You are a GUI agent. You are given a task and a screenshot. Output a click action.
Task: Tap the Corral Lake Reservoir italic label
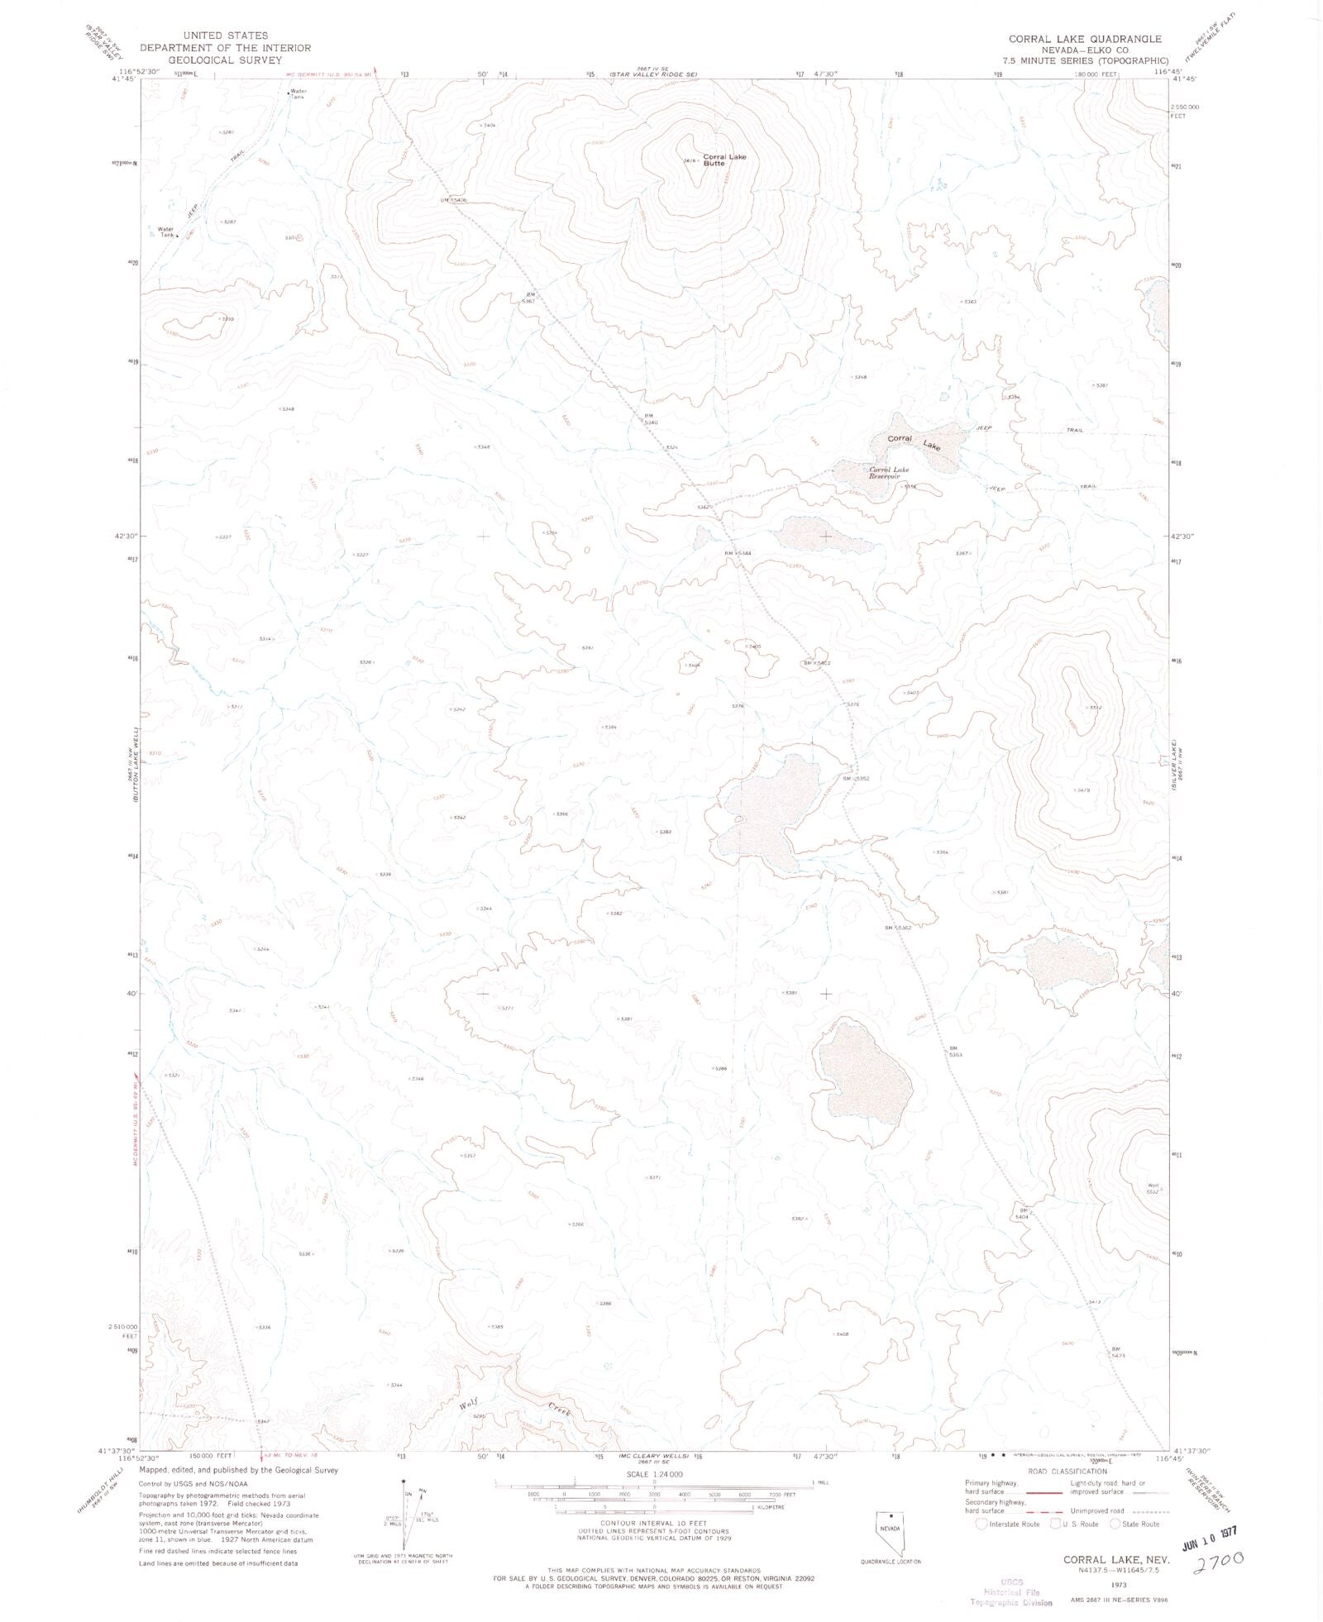(888, 473)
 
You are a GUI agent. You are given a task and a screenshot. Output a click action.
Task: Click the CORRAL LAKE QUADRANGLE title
(1083, 39)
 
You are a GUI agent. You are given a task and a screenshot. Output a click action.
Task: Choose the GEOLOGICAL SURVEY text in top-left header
(225, 60)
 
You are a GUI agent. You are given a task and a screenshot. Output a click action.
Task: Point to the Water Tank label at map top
(296, 94)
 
